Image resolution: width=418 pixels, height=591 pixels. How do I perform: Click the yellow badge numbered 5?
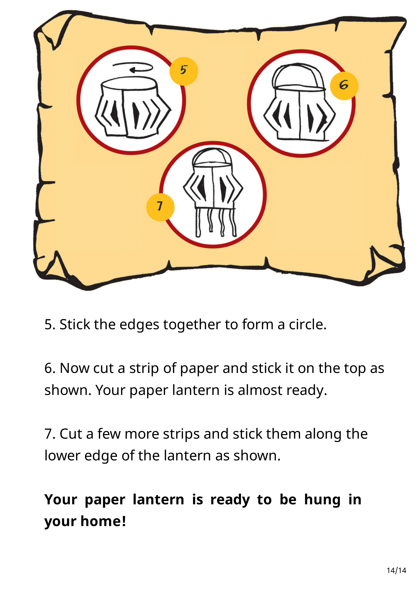tap(184, 71)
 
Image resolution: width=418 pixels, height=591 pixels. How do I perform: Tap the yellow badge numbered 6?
tap(344, 86)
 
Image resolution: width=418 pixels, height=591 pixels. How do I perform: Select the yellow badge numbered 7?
tap(160, 207)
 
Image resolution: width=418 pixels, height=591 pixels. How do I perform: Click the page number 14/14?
tap(396, 571)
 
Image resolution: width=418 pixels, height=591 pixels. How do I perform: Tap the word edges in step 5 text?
tap(139, 325)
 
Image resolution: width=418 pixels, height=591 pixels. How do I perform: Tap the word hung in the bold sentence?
tap(322, 500)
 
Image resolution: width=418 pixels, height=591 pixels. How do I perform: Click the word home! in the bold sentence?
tap(103, 522)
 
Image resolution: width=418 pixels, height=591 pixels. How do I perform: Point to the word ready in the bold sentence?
tap(230, 500)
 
